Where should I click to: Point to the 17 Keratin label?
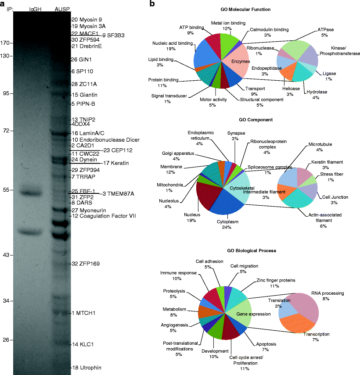pyautogui.click(x=115, y=164)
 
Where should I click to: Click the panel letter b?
pyautogui.click(x=152, y=4)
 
